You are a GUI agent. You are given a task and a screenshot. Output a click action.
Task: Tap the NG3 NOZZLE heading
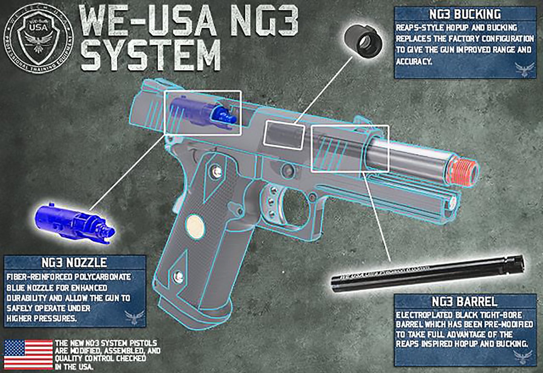[x=74, y=262]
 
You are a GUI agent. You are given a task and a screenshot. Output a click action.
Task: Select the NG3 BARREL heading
[x=464, y=301]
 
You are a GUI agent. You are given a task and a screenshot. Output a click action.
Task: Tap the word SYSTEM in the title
[x=151, y=56]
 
